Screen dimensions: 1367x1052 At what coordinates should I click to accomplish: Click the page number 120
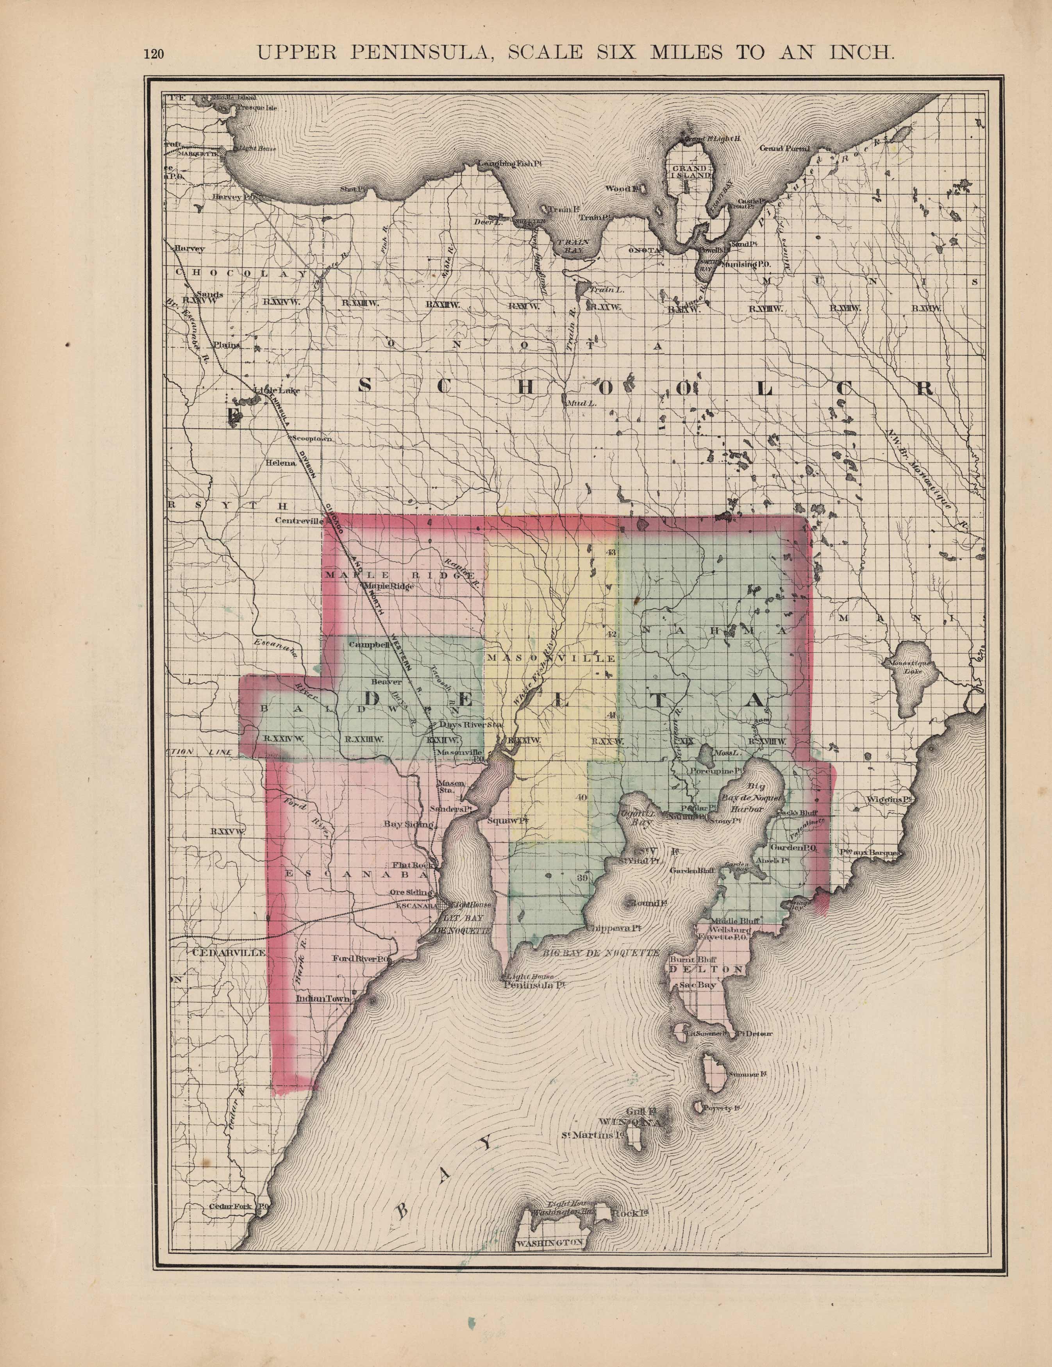tap(154, 54)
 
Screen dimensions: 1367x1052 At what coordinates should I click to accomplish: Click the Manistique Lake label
tap(906, 667)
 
